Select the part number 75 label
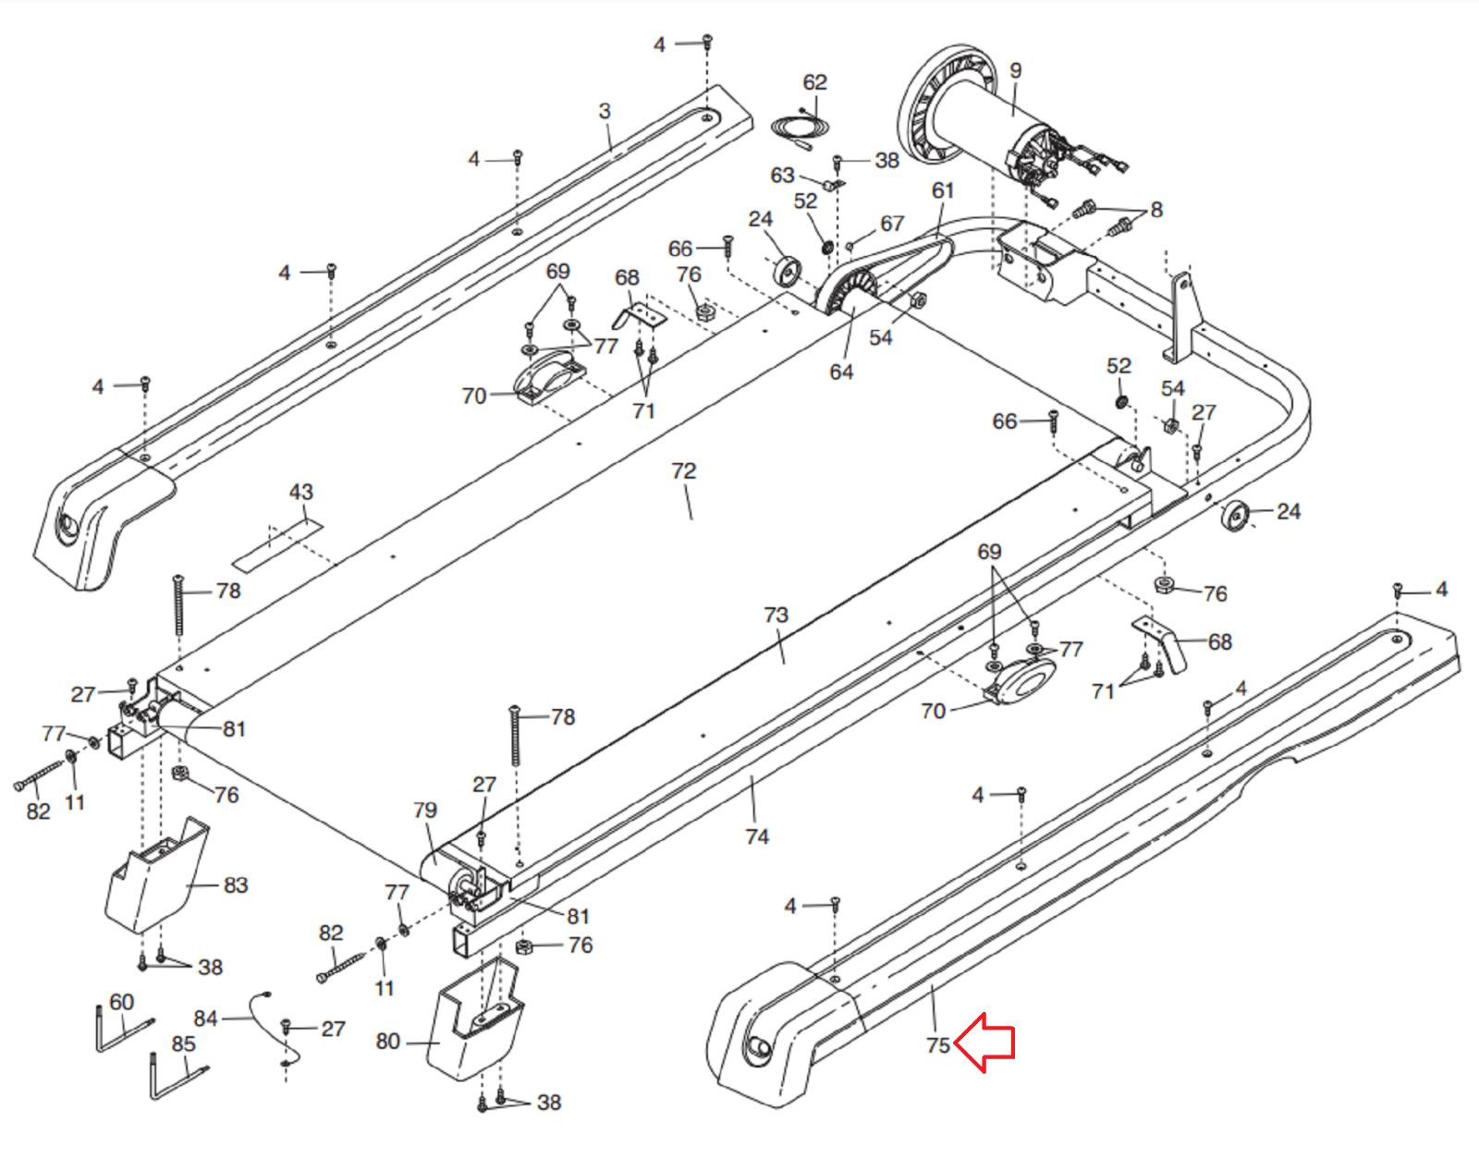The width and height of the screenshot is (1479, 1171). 938,1045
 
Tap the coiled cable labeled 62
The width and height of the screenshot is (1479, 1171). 800,129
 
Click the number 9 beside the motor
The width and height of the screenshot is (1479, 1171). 1016,70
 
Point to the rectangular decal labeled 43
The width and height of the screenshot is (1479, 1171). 277,545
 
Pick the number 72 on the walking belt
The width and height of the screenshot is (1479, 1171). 684,470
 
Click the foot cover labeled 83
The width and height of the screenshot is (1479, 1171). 156,875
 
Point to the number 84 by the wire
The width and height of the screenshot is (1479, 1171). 205,1019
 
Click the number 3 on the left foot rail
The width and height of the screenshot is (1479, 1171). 605,111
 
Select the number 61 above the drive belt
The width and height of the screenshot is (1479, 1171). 943,190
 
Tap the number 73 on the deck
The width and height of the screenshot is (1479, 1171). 776,615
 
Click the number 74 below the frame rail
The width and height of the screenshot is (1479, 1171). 757,836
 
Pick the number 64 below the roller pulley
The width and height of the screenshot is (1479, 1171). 842,372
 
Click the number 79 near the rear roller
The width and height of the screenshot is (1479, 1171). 425,810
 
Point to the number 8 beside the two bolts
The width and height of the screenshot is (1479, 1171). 1157,210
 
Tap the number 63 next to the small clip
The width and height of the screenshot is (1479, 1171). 782,176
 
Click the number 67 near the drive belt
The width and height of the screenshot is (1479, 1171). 892,224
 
